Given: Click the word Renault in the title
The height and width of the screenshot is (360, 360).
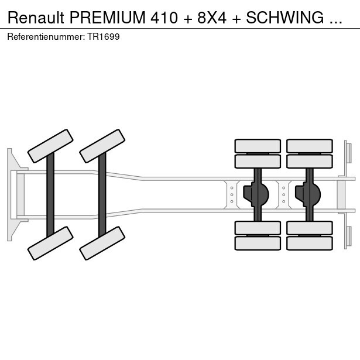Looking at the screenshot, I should (36, 18).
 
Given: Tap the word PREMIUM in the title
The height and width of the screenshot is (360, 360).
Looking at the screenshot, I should (110, 18).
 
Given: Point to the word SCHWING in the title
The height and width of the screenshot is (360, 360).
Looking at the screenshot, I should (284, 18).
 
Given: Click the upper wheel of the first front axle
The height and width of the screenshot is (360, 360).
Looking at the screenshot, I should (50, 146).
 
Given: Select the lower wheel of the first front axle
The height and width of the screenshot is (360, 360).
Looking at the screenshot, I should (50, 242).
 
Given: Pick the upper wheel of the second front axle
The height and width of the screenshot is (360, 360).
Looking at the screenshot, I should (102, 146).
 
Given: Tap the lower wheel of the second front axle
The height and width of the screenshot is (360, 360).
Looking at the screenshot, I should (102, 242).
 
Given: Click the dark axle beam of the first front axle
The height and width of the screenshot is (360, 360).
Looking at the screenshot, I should (50, 194).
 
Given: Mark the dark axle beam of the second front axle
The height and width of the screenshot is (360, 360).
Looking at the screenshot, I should (102, 194).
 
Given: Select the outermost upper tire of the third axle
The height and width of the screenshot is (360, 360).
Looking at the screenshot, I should (258, 146).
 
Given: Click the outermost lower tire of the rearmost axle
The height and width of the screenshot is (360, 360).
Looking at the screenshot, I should (309, 243).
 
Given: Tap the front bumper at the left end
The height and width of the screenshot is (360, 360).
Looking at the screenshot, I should (11, 194).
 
